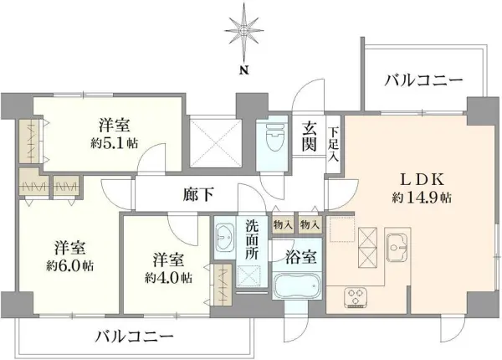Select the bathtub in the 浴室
pos(297,286)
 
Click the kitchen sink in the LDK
pos(397,245)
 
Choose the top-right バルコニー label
pos(423,81)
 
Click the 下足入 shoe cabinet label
pos(334,143)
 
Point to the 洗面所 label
pos(252,239)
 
